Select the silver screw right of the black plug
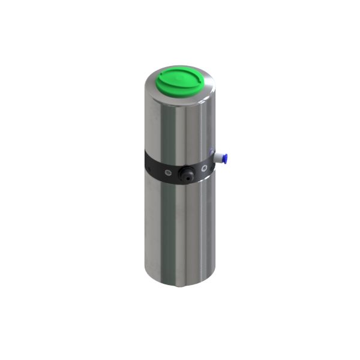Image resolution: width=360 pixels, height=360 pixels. coord(205,169)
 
